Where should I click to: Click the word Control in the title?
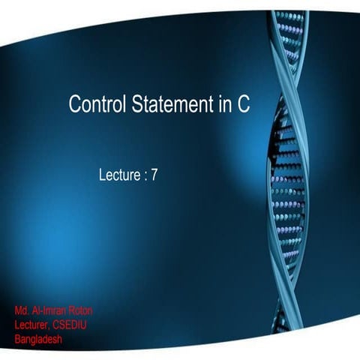pos(94,105)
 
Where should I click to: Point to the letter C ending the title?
pos(244,105)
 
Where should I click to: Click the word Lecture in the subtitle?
pos(118,177)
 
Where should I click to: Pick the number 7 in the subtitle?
pos(154,177)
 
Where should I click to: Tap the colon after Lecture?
pos(144,178)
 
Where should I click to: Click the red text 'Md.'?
pos(22,310)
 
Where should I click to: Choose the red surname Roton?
pos(80,310)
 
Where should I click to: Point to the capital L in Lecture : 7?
pos(102,177)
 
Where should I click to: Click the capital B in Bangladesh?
pos(17,339)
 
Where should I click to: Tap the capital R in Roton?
pos(71,310)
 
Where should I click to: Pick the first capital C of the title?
pos(74,105)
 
